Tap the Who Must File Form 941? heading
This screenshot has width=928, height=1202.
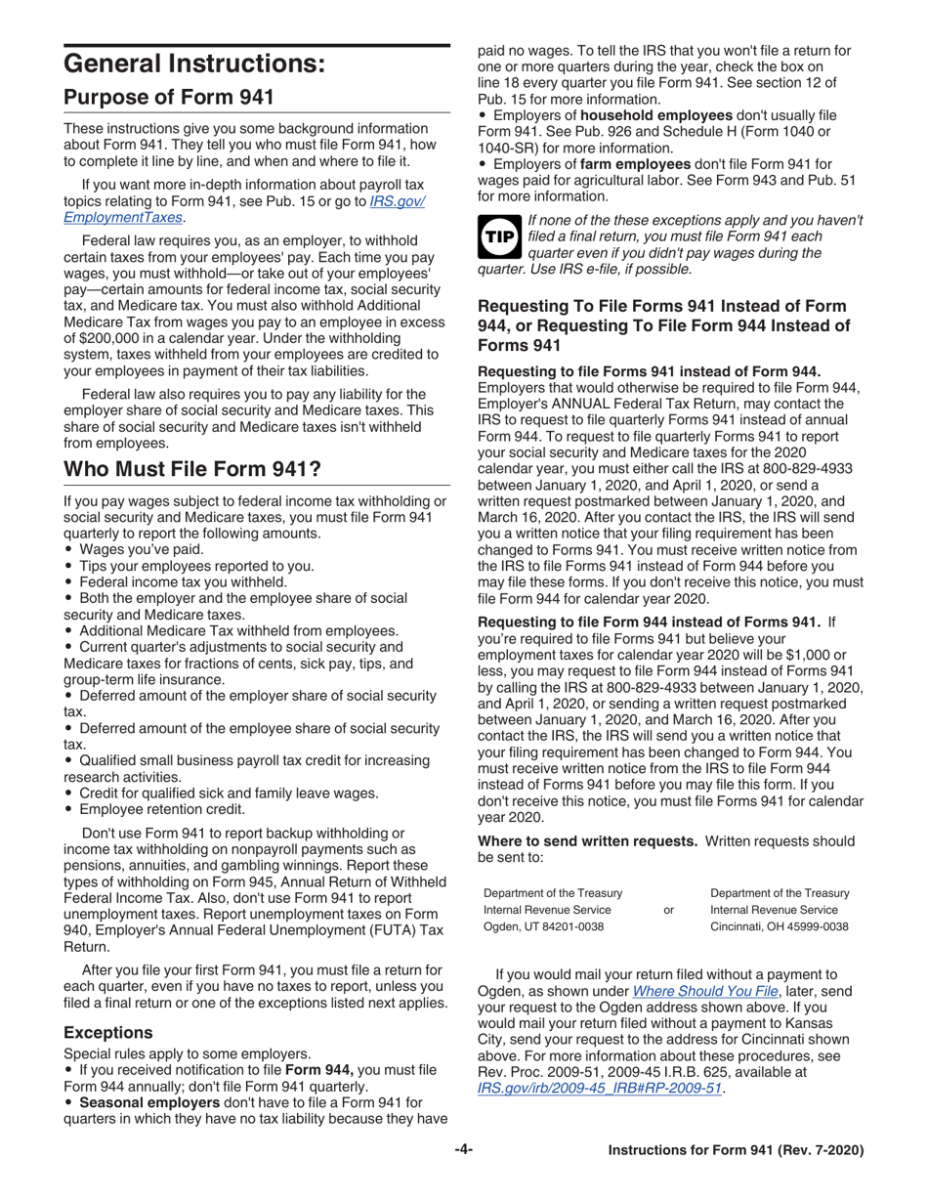192,469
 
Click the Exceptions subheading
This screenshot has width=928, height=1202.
107,1031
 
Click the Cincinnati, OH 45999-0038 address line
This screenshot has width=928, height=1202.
779,926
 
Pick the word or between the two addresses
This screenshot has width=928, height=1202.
668,910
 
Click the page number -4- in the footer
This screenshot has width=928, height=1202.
463,1150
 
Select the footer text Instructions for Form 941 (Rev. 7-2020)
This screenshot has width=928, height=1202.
736,1151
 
